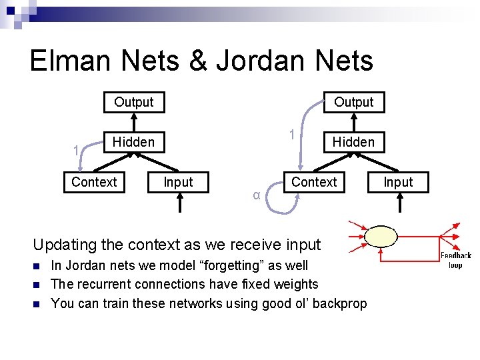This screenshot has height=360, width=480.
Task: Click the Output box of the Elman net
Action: (133, 102)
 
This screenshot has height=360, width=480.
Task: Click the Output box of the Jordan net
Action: (353, 102)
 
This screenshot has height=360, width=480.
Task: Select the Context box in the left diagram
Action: (94, 182)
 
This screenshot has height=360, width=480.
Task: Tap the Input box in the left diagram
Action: (178, 182)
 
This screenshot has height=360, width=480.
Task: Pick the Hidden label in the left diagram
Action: (133, 141)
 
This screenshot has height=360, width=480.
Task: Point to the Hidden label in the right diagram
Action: (353, 141)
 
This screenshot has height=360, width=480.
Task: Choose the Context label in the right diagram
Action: (314, 182)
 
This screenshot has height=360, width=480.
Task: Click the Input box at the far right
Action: (398, 182)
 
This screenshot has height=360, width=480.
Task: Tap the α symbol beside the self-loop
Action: (257, 195)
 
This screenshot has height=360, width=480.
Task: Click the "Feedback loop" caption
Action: (455, 260)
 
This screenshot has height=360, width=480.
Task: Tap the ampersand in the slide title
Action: (198, 61)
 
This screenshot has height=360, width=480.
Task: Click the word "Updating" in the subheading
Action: (65, 245)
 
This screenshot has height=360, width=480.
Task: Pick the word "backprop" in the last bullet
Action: (339, 303)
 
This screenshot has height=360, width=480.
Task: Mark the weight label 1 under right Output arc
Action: (291, 135)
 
